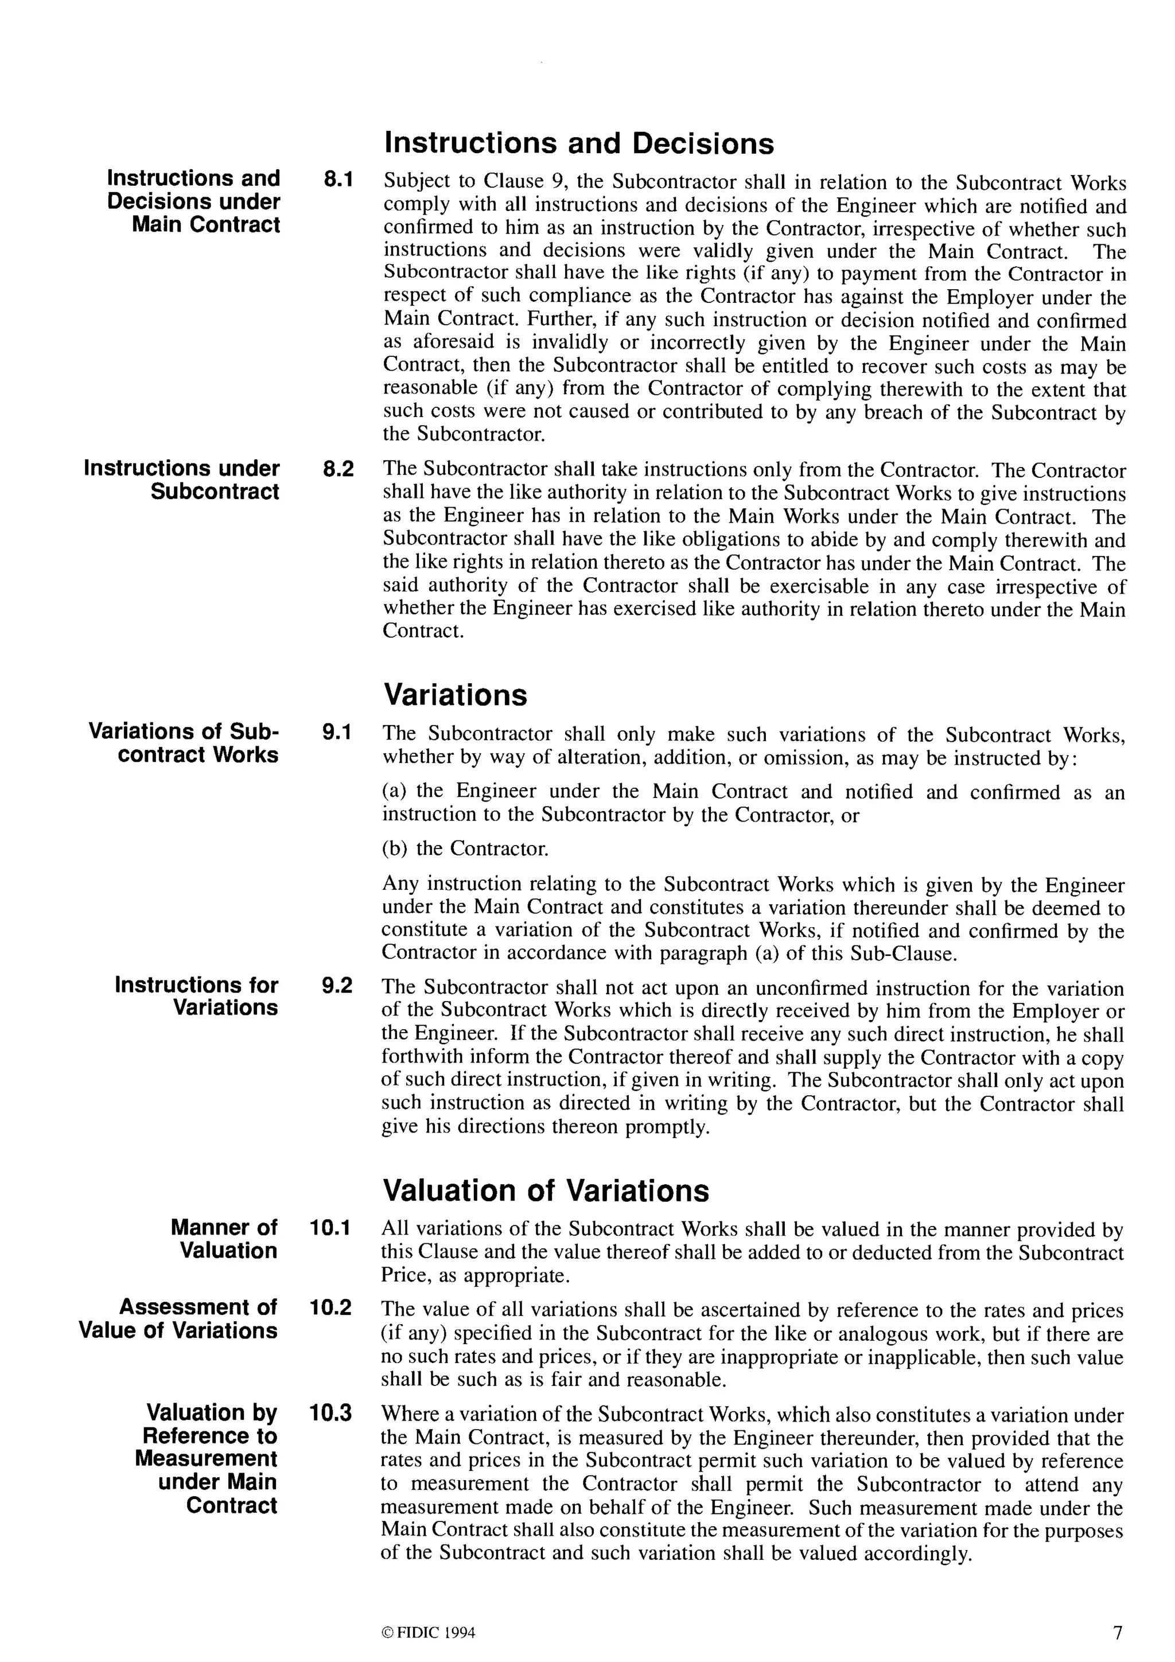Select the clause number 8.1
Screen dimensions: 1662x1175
337,179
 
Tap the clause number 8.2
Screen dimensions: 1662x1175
337,469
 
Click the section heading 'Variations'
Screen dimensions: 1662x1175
456,695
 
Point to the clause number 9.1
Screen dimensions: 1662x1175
337,733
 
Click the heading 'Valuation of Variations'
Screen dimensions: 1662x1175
546,1191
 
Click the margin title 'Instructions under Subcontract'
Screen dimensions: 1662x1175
182,480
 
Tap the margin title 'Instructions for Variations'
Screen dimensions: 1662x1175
197,996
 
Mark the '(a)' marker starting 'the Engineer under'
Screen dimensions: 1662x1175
395,791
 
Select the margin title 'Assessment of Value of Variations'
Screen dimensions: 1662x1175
178,1318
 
